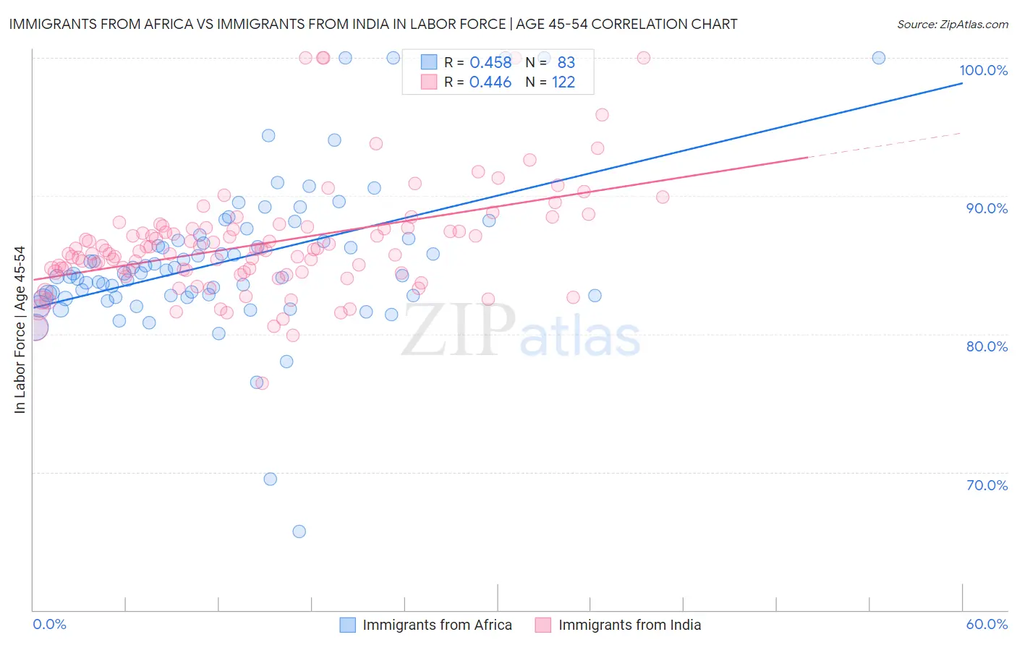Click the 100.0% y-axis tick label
(x=983, y=70)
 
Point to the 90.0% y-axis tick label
(x=987, y=208)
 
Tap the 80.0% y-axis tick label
(x=987, y=346)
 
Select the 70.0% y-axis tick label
(x=987, y=485)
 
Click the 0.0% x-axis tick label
(x=49, y=624)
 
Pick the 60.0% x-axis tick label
(x=987, y=624)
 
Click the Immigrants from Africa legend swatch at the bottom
(x=348, y=625)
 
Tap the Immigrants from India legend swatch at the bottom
(x=543, y=625)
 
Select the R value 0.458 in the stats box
(x=490, y=62)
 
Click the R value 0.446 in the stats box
(x=490, y=82)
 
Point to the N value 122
(x=563, y=82)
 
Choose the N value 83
(x=566, y=62)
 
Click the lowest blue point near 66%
(x=299, y=531)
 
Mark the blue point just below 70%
(x=270, y=479)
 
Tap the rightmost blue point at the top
(x=879, y=58)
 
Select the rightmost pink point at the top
(x=643, y=58)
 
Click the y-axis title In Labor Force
(x=20, y=330)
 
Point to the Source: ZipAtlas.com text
(x=952, y=24)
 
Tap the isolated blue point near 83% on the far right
(x=595, y=295)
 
